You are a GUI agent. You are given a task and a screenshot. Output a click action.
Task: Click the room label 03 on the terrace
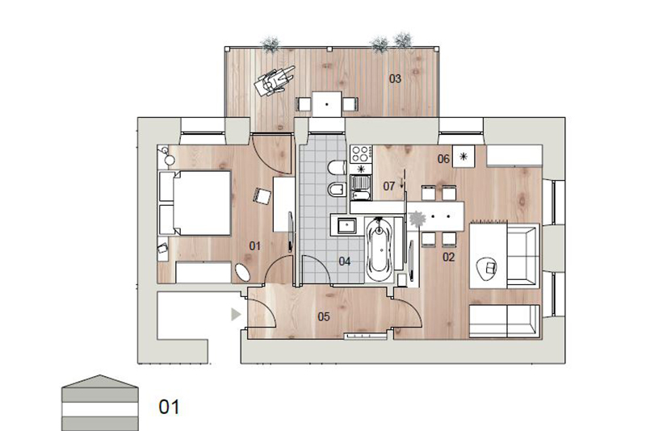tap(395, 78)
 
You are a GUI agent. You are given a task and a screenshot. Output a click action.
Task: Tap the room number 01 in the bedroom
tap(254, 246)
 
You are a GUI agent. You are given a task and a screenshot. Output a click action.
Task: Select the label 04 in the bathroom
tap(345, 261)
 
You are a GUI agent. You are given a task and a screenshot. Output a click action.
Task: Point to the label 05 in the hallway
tap(324, 316)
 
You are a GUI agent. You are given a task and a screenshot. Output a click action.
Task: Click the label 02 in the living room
tap(448, 257)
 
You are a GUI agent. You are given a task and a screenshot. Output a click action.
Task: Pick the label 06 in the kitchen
tap(443, 158)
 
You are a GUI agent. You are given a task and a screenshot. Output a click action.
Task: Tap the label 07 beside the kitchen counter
tap(389, 186)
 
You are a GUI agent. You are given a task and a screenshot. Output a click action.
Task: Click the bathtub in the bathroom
tap(379, 249)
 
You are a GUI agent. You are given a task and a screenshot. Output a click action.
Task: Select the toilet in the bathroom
tap(338, 167)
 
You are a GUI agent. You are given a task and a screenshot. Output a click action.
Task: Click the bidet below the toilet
tap(338, 190)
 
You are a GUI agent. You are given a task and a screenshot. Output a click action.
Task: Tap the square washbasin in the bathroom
tap(346, 225)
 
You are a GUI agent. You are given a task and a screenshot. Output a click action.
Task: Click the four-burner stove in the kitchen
tap(360, 153)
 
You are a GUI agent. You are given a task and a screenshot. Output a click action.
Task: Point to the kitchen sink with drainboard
tap(361, 187)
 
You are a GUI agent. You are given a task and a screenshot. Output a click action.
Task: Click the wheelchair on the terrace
tap(274, 80)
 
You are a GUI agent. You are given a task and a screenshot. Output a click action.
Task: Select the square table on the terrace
tap(327, 104)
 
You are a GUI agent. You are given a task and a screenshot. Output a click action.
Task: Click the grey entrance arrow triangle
tap(235, 315)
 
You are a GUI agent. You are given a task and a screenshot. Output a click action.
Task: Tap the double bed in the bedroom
tap(195, 203)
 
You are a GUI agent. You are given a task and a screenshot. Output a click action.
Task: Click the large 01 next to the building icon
tap(169, 407)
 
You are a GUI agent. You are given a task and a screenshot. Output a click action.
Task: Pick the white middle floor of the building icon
tap(99, 409)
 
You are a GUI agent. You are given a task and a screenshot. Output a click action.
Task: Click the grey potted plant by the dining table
tap(417, 219)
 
